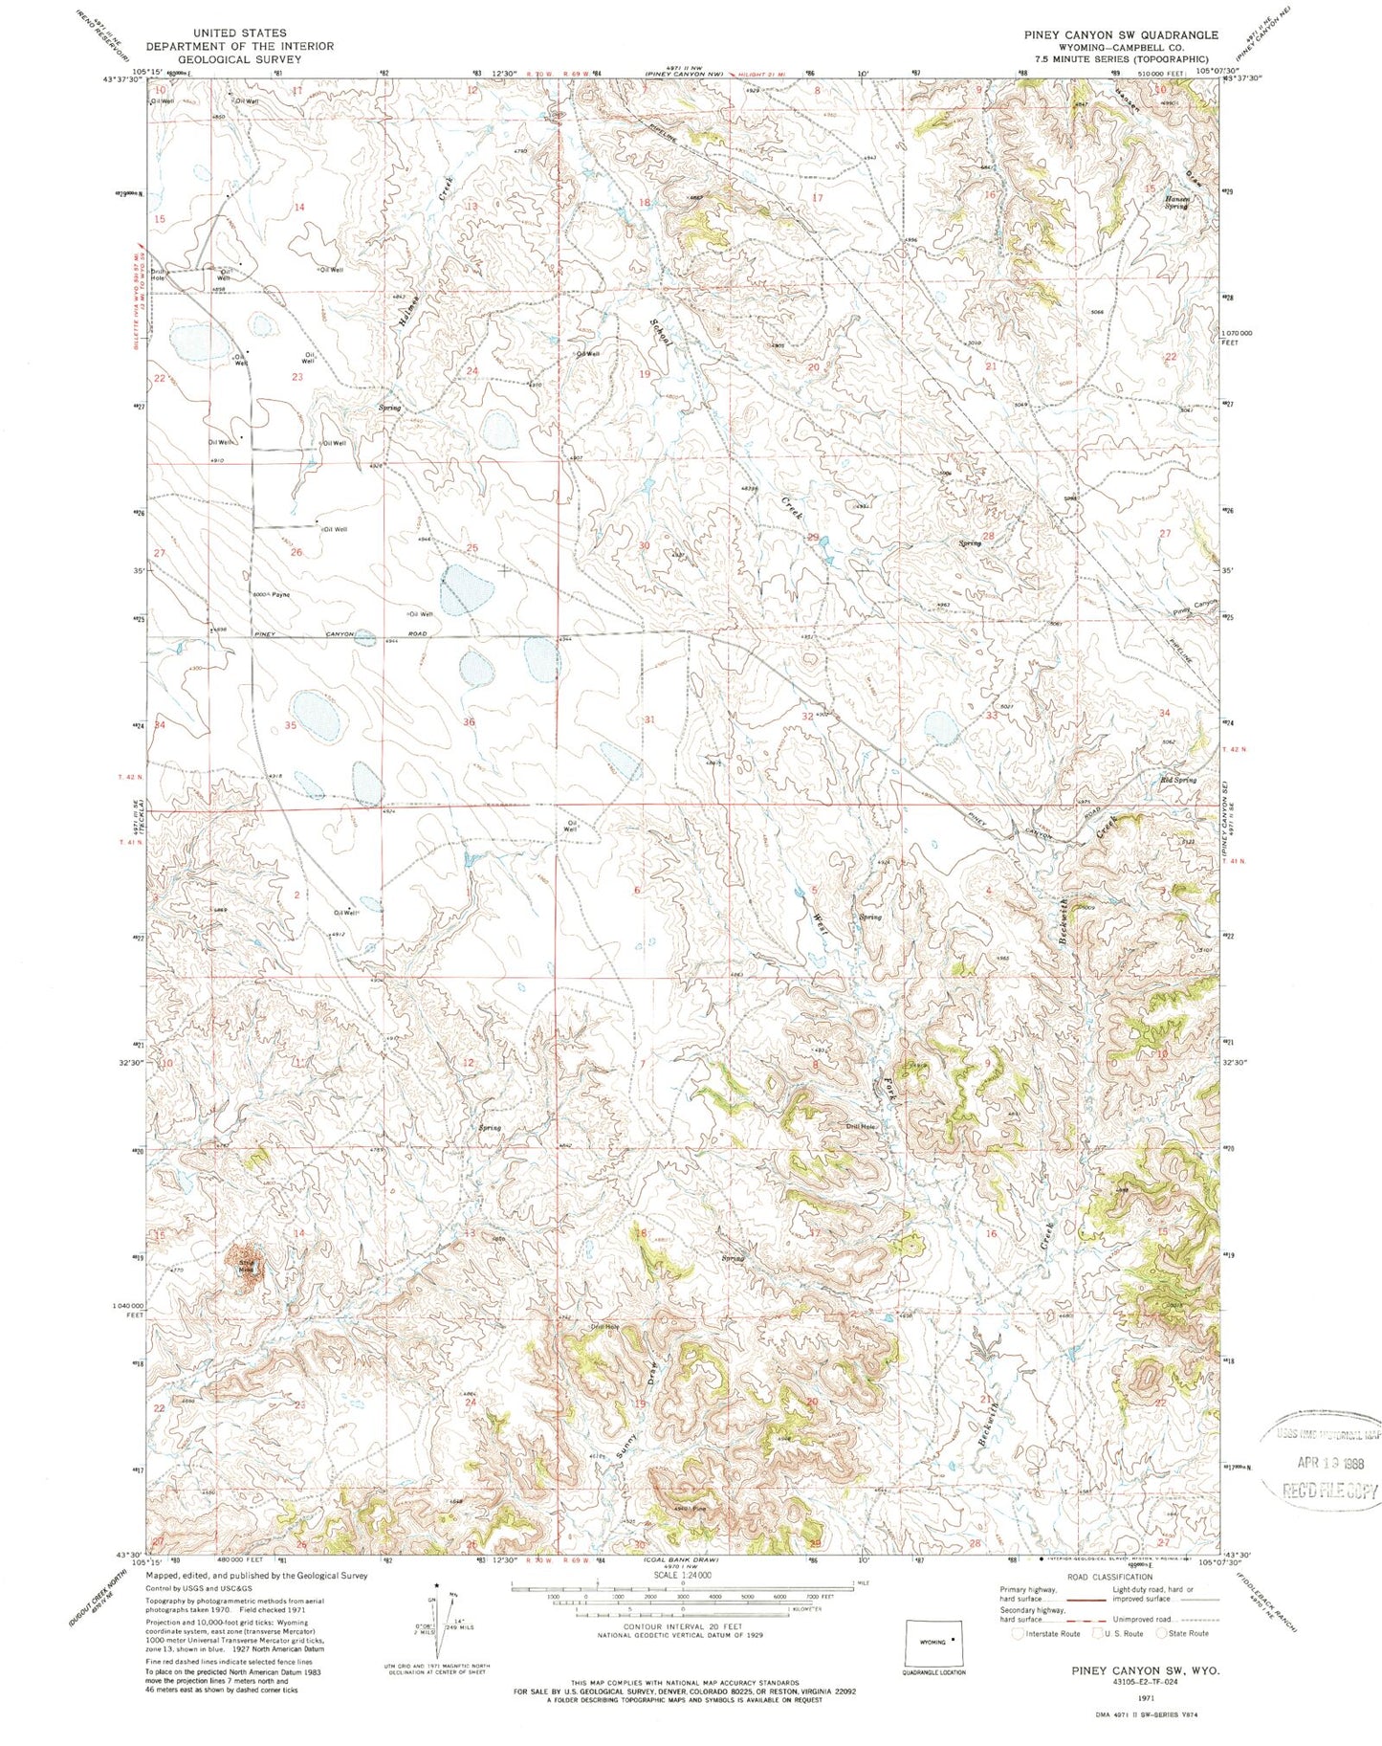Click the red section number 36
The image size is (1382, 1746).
click(x=469, y=721)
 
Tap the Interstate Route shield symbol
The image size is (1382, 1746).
click(x=1019, y=1633)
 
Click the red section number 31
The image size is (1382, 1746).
click(x=650, y=719)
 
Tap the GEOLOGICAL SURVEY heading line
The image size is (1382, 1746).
click(x=239, y=59)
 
